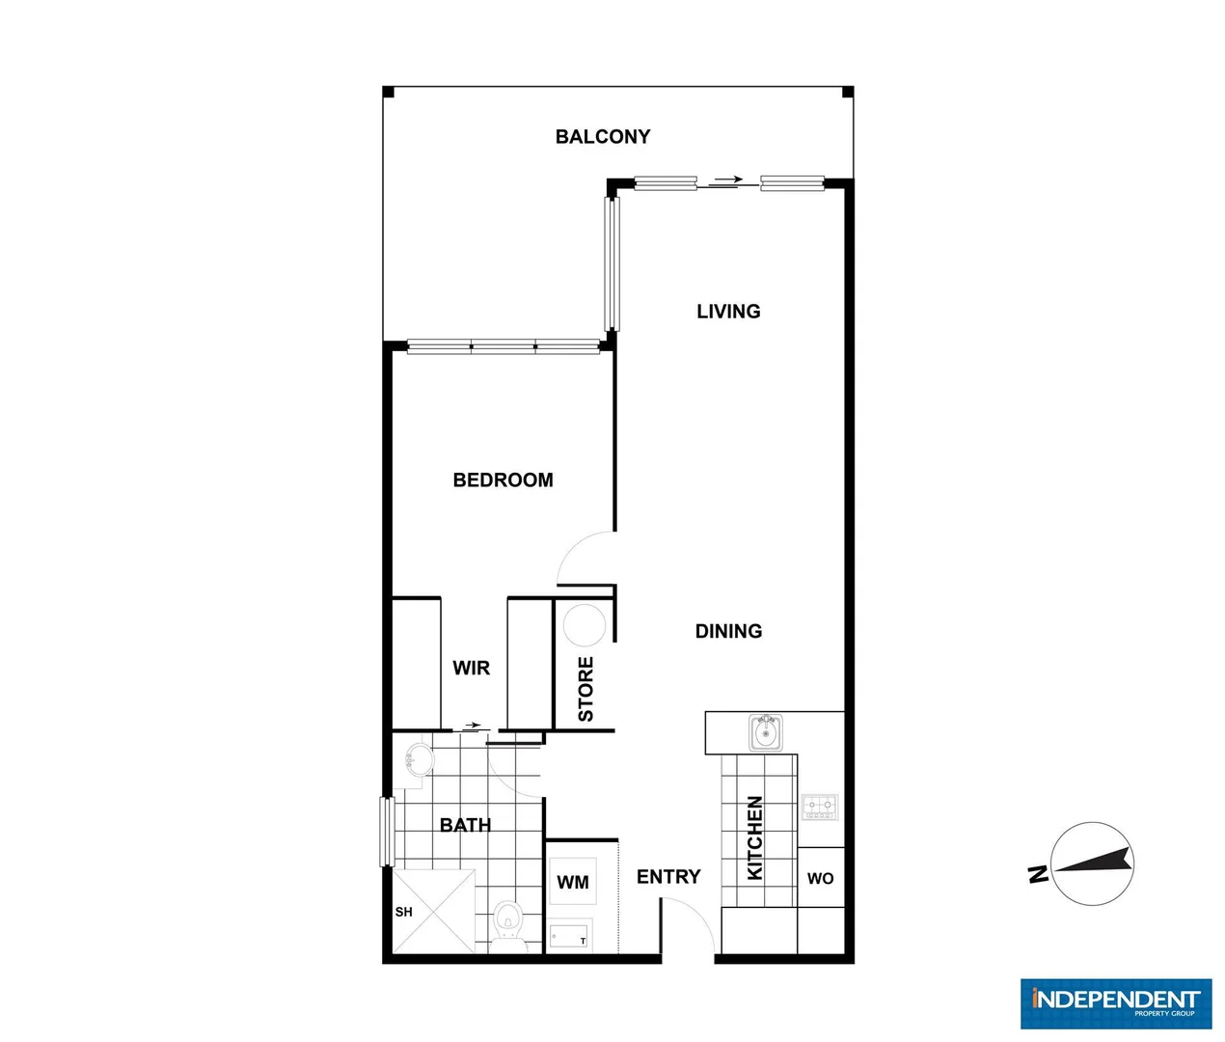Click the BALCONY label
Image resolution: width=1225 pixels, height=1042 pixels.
point(603,137)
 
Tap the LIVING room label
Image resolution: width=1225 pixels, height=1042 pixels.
point(728,311)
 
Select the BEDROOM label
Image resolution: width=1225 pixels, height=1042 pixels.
point(503,480)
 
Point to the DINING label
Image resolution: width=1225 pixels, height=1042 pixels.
point(728,631)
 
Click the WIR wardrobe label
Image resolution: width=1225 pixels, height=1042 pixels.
point(471,668)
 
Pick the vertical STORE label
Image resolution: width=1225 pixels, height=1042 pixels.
point(585,689)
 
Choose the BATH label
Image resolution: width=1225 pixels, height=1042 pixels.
point(465,825)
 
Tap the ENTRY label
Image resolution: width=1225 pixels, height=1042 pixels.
point(668,876)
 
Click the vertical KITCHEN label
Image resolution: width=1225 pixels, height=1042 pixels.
point(755,837)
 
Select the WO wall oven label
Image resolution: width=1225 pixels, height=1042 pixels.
point(820,878)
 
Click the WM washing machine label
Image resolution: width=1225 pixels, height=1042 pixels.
point(572,882)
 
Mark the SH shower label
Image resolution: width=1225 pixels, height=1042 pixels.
point(403,912)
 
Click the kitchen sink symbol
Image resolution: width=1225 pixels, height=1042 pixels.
point(767,733)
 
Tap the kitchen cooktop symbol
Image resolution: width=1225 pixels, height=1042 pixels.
point(820,807)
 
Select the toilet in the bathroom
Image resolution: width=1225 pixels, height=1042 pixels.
point(507,923)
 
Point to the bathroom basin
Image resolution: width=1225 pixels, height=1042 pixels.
point(418,758)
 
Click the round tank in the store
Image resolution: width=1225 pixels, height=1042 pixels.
point(584,624)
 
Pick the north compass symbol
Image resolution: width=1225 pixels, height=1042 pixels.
point(1090,864)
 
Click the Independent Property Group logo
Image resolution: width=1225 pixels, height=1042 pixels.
point(1116,1003)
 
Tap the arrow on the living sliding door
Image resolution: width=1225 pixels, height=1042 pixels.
point(729,179)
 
